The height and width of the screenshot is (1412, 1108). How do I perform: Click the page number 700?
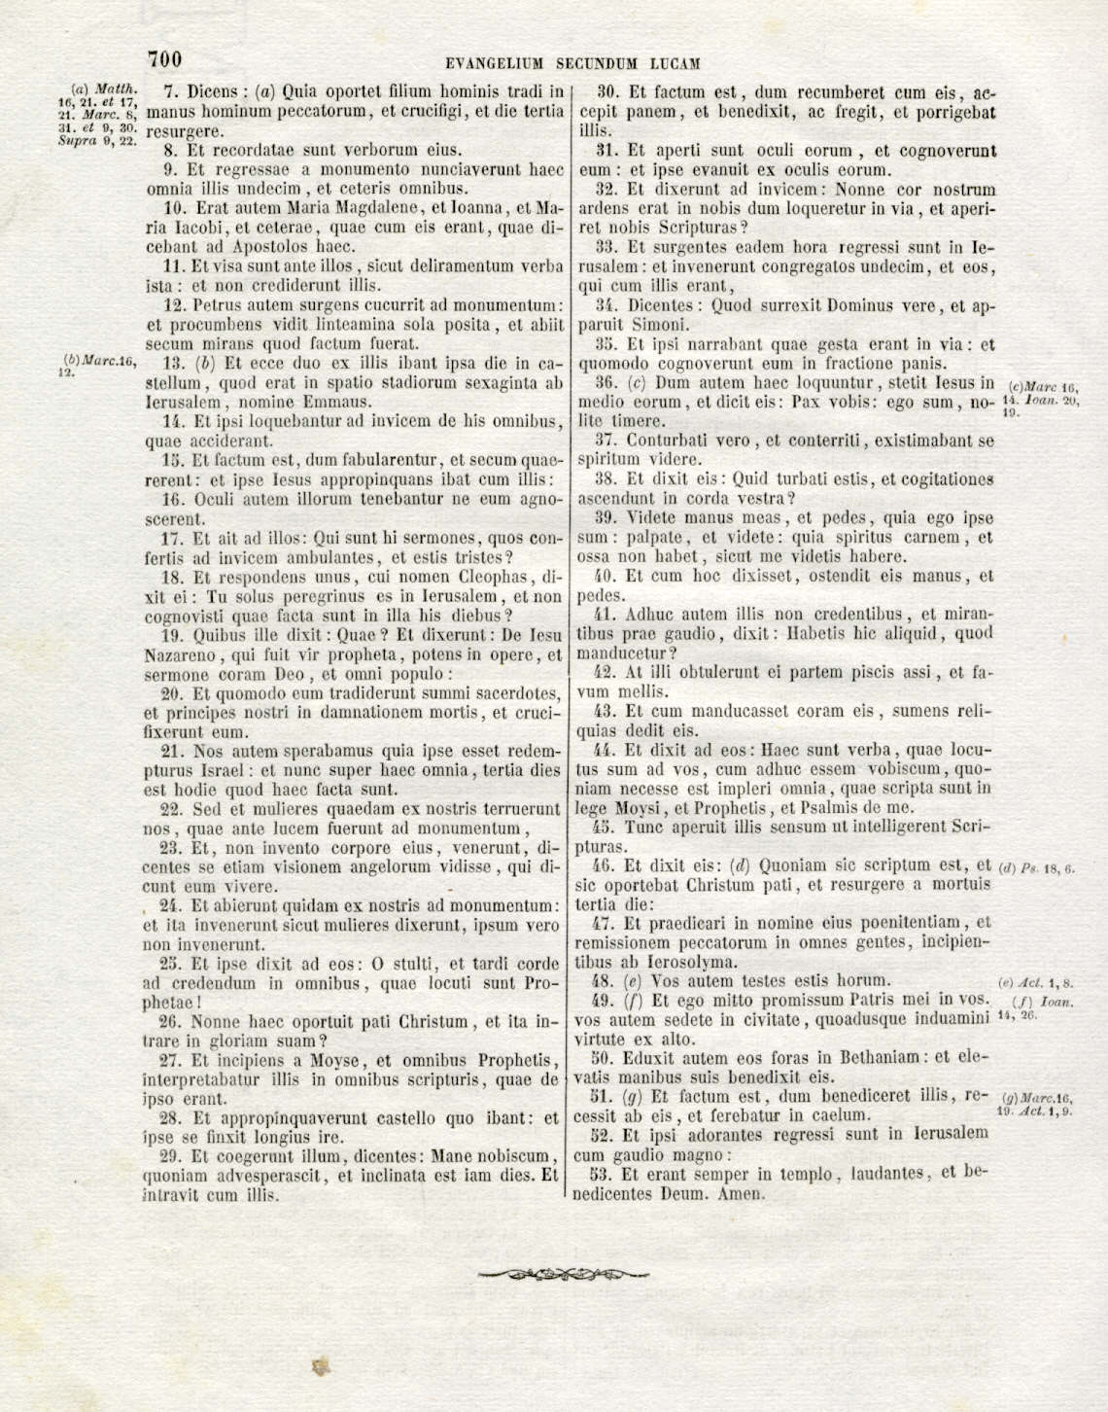[164, 60]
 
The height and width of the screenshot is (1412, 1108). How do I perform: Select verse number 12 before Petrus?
[175, 305]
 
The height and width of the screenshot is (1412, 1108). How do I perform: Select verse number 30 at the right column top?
[607, 93]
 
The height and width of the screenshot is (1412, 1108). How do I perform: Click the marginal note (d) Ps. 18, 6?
[1037, 868]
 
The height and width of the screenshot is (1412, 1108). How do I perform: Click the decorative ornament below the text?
[565, 1274]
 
